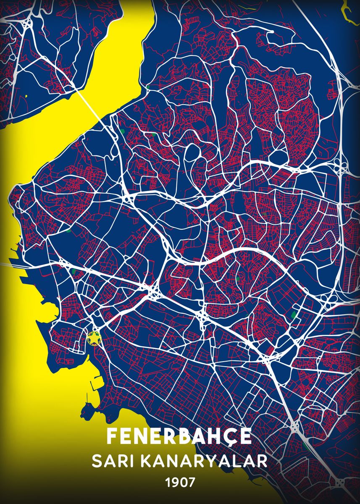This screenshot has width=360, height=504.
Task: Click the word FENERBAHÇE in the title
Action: [179, 437]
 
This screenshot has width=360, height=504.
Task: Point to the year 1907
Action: [180, 481]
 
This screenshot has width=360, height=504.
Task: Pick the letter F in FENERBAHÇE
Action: [111, 437]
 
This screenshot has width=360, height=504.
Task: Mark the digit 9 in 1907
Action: [175, 481]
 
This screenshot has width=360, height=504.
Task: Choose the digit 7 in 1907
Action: [191, 481]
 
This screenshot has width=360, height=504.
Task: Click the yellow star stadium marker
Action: [94, 337]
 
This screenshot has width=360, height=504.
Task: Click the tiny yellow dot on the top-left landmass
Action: [26, 96]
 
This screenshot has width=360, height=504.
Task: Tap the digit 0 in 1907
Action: [183, 481]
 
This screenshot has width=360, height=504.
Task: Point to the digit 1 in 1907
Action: [168, 481]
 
